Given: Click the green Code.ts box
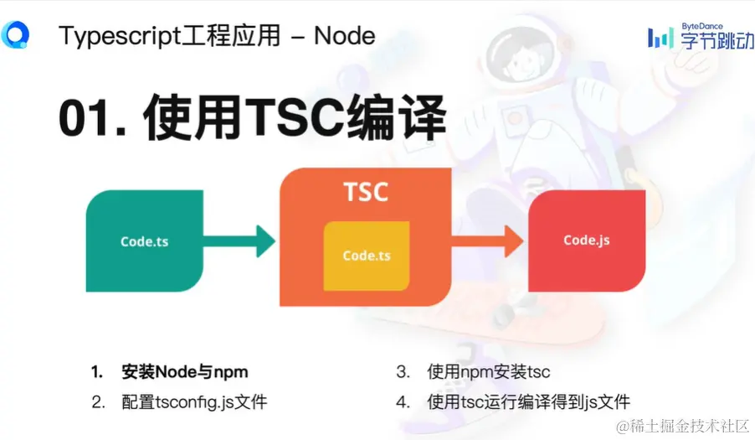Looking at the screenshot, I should (x=145, y=241).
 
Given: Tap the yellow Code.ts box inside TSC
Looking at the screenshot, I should (x=366, y=256).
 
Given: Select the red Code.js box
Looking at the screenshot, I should (x=586, y=241).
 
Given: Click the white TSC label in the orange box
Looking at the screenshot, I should (x=366, y=192).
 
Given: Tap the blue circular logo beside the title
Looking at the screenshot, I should (x=15, y=34).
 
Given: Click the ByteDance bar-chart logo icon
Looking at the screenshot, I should (x=660, y=38).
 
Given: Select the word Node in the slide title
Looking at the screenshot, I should (x=344, y=35).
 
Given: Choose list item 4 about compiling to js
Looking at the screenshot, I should (x=527, y=401).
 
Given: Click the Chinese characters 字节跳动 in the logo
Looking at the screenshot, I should (x=716, y=40).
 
